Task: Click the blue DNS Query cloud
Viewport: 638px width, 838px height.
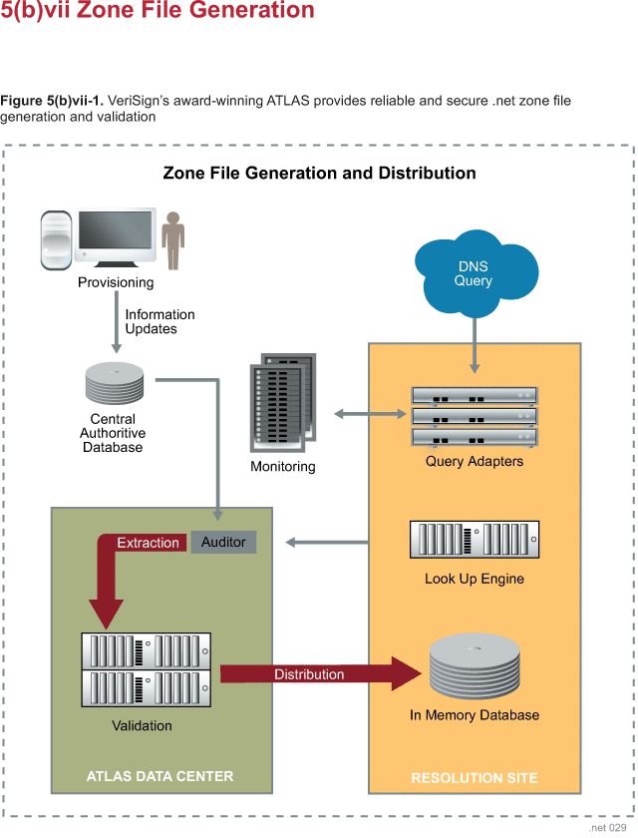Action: (x=475, y=272)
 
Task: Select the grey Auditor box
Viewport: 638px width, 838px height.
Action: (x=223, y=542)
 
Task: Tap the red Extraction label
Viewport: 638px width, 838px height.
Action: (x=148, y=543)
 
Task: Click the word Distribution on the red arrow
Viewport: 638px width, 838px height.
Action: (x=309, y=674)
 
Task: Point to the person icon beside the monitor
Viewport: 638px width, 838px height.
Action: (x=174, y=239)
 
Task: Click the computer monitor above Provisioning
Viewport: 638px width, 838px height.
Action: (x=117, y=237)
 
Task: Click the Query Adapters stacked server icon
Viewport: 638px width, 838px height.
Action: (x=475, y=415)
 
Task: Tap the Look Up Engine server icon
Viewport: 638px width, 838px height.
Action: (x=475, y=540)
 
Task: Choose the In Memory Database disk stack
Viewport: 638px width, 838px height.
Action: (x=475, y=669)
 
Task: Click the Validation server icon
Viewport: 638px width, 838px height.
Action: (x=146, y=669)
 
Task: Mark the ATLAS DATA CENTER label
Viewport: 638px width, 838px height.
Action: (x=159, y=776)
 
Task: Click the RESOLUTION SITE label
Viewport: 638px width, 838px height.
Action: (x=475, y=778)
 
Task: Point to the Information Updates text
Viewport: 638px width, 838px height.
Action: (x=159, y=321)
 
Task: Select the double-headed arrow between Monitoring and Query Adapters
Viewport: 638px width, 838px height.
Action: (x=370, y=413)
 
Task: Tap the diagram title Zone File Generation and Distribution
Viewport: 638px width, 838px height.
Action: (x=319, y=173)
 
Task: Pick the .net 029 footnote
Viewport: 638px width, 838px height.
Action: (x=609, y=828)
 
